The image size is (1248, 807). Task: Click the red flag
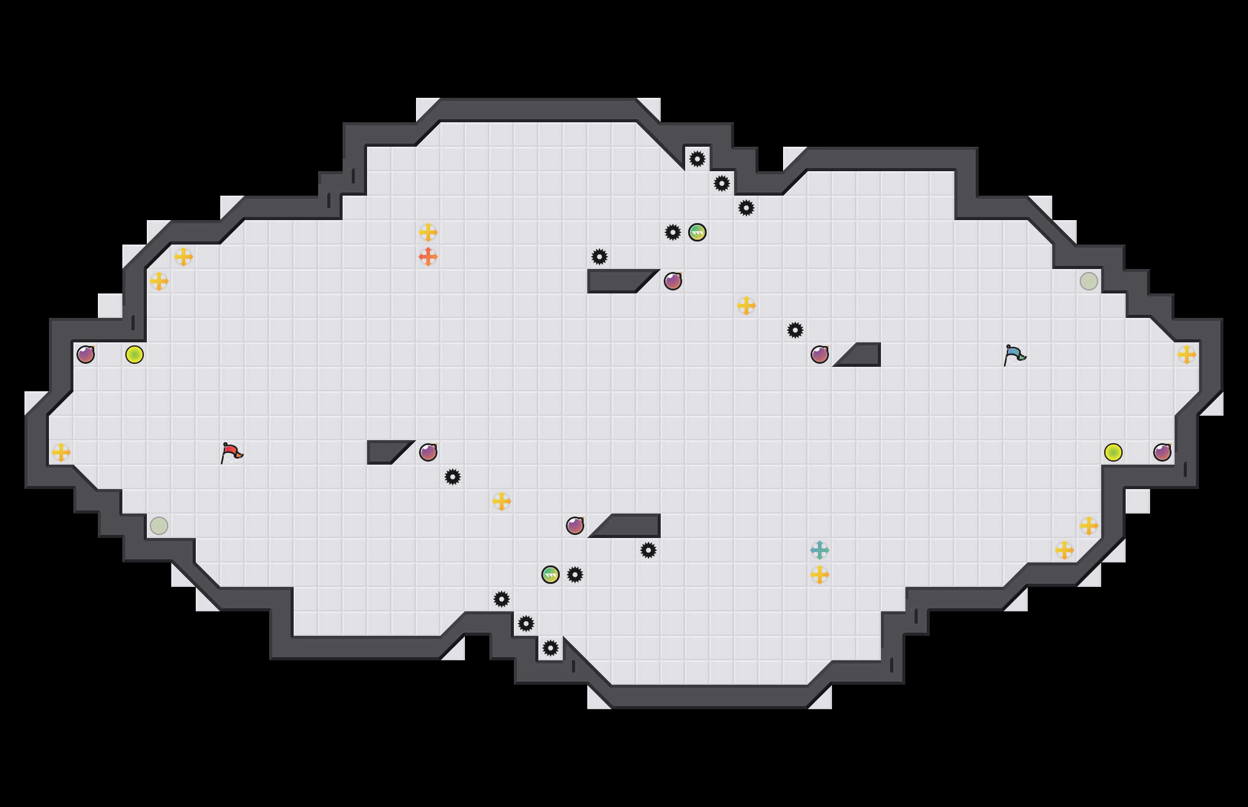pos(231,453)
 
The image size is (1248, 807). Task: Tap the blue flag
pos(1014,355)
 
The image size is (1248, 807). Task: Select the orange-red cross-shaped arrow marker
pos(428,257)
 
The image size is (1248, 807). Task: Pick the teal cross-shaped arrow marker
pos(820,550)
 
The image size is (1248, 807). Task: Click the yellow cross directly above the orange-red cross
pos(428,232)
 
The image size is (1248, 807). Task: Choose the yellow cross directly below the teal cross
pos(820,575)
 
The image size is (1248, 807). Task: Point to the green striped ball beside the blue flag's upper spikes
pos(697,232)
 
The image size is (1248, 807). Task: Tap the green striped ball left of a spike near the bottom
pos(551,575)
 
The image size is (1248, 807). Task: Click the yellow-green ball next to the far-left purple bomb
pos(135,355)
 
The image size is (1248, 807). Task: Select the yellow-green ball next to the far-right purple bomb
pos(1113,452)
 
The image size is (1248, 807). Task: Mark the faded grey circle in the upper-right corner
pos(1089,281)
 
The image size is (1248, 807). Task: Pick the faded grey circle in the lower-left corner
pos(159,526)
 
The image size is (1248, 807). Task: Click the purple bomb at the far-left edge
pos(86,355)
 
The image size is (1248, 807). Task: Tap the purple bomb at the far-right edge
pos(1162,452)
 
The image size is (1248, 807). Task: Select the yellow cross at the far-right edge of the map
pos(1187,355)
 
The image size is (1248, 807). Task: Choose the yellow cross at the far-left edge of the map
pos(61,452)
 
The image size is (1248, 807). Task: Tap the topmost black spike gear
pos(697,159)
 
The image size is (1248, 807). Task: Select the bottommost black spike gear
pos(551,648)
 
